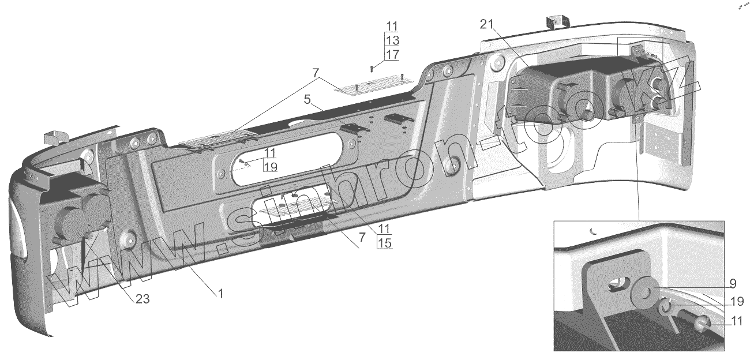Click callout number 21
coord(486,24)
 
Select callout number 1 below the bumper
coord(220,293)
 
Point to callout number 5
coord(309,99)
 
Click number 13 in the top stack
coord(392,40)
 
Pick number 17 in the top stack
coord(392,55)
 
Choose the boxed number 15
coord(384,243)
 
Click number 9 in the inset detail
coord(732,283)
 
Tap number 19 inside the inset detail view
coord(736,301)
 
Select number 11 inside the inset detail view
coord(736,322)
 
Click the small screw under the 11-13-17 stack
coord(372,69)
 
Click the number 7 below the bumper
coord(361,237)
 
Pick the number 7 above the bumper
coord(316,73)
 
